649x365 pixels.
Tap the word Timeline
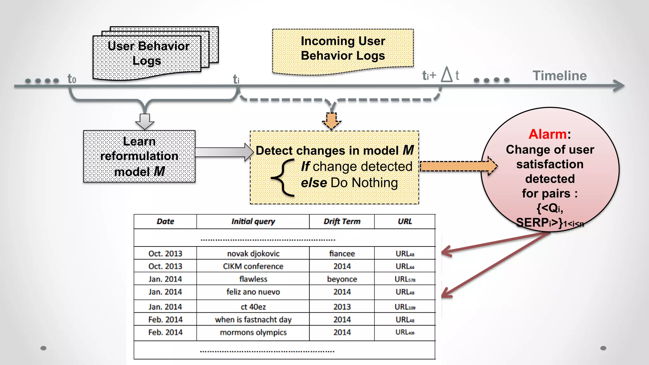tap(560, 76)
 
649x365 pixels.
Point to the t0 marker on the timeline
tap(72, 79)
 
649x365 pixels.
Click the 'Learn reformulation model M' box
tap(139, 156)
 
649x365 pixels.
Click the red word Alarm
tap(547, 134)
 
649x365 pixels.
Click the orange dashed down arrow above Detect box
tap(331, 121)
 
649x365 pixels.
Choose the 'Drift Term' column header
tap(342, 221)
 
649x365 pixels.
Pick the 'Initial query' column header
tap(253, 221)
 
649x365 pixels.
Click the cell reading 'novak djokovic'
tap(253, 253)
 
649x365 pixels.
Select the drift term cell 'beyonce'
tap(342, 279)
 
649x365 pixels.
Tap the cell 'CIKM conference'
tap(253, 266)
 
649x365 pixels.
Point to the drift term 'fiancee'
tap(342, 253)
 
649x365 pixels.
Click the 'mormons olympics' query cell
tap(253, 332)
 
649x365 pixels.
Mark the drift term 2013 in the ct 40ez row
tap(342, 307)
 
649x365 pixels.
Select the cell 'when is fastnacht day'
tap(253, 319)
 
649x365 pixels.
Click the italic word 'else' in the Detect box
tap(314, 183)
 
